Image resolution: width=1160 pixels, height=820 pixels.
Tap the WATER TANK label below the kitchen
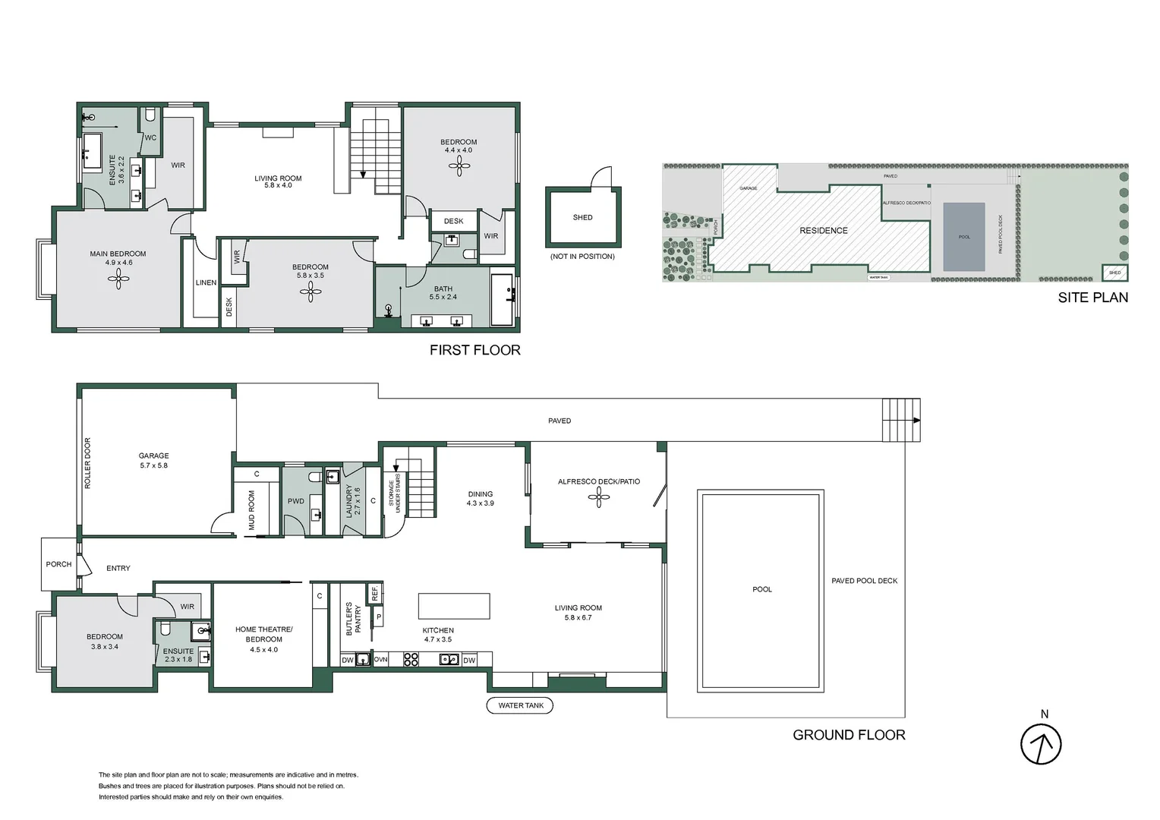(x=521, y=705)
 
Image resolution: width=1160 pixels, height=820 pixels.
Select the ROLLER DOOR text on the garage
(x=87, y=463)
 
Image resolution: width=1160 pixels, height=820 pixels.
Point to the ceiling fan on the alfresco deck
(x=599, y=497)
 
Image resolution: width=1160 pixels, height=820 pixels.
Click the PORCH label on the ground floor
(x=58, y=564)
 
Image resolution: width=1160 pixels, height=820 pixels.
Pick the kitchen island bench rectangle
(x=454, y=606)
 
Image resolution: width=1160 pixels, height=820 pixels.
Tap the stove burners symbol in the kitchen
(x=411, y=660)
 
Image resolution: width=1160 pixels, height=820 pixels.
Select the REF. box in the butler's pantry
(x=375, y=592)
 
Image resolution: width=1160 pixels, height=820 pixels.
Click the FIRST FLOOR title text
(x=475, y=350)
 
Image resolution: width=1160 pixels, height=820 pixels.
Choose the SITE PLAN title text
(x=1092, y=298)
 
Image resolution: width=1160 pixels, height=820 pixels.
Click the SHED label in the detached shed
(x=582, y=217)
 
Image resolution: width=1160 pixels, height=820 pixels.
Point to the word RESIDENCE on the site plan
(x=823, y=230)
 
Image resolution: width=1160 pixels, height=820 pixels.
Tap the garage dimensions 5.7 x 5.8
(x=153, y=465)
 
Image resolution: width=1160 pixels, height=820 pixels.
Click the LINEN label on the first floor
(x=206, y=282)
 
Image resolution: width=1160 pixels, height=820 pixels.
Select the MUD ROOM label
(x=252, y=510)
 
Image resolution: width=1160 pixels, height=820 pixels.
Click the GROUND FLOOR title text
(x=849, y=735)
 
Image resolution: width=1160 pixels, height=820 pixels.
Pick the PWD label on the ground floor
(x=295, y=501)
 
